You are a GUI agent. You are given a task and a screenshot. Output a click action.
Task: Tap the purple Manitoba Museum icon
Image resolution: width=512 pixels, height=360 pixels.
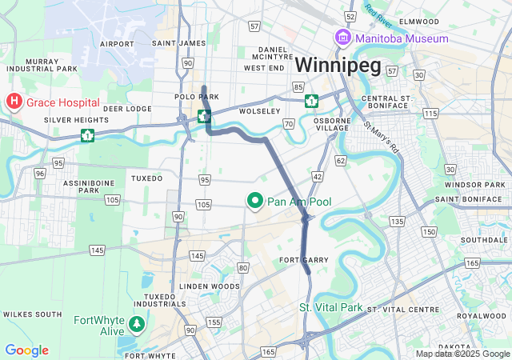pyautogui.click(x=343, y=38)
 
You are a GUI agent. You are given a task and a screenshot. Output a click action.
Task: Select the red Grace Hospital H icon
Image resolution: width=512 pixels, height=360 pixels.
pyautogui.click(x=14, y=102)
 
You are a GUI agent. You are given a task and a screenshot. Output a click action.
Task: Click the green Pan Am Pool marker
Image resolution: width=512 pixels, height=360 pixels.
pyautogui.click(x=255, y=202)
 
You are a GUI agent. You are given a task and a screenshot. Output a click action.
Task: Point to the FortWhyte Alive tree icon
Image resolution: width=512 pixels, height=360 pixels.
pyautogui.click(x=138, y=325)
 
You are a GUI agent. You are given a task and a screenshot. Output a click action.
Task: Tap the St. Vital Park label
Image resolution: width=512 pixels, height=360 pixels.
pyautogui.click(x=330, y=308)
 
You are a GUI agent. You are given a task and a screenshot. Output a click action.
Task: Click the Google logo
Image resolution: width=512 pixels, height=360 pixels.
pyautogui.click(x=26, y=350)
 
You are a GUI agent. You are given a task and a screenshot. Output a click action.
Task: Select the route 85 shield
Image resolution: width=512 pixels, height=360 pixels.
pyautogui.click(x=298, y=86)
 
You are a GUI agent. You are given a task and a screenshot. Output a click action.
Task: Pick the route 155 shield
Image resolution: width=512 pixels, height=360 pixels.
pyautogui.click(x=214, y=322)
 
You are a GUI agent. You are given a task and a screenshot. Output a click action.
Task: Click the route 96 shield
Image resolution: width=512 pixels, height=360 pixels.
pyautogui.click(x=39, y=173)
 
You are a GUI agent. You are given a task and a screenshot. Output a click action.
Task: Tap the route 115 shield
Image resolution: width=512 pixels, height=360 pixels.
pyautogui.click(x=430, y=114)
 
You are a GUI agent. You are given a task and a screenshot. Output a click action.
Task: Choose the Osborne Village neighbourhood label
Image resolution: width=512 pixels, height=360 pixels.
pyautogui.click(x=332, y=123)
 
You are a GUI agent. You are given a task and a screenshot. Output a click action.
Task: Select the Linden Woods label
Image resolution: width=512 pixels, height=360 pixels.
pyautogui.click(x=209, y=286)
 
